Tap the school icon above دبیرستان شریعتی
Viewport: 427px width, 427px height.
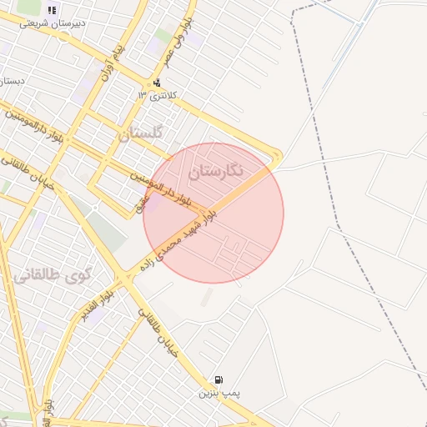point(52,10)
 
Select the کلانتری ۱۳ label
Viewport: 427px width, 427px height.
point(157,96)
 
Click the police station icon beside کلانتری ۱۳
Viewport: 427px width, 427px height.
point(157,83)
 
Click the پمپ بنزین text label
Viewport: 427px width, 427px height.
point(218,391)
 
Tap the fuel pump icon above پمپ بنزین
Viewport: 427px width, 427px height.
point(219,379)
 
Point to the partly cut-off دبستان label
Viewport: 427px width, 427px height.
point(10,82)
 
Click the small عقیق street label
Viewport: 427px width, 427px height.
point(143,200)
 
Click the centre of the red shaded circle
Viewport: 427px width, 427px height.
point(213,213)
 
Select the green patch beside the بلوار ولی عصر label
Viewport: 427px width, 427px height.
point(163,36)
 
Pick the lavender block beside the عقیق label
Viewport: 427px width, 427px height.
point(154,202)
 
